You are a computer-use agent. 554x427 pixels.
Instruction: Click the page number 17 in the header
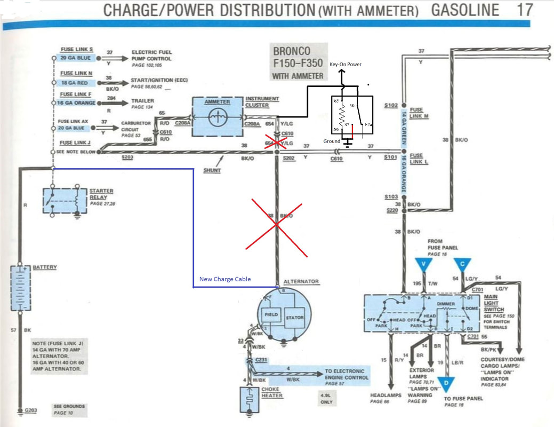click(525, 9)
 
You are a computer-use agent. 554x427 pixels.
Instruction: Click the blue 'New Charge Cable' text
click(224, 279)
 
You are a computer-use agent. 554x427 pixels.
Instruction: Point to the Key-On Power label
click(345, 64)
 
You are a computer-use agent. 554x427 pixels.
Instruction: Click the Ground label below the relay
click(331, 141)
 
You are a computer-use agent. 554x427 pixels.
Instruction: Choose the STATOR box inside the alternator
click(294, 318)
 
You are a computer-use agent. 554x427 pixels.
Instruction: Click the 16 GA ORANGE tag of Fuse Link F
click(78, 102)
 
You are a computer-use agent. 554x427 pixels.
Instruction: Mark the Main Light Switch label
click(494, 303)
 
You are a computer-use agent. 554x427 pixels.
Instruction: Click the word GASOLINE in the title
click(464, 10)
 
